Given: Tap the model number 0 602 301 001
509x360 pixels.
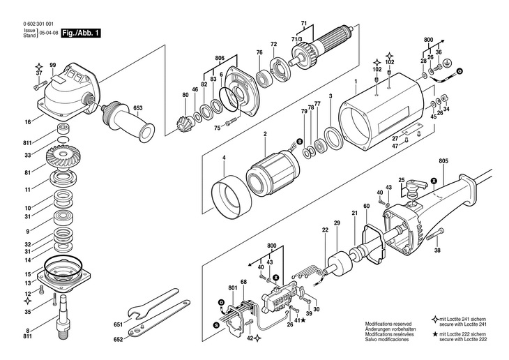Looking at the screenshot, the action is tap(38, 24).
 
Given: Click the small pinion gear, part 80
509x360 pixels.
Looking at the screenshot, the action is tap(184, 124).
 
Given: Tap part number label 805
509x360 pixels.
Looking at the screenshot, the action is tap(443, 160).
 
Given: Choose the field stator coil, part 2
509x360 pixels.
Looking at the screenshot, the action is tap(273, 172).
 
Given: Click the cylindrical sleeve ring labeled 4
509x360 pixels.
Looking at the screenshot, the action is tap(231, 197).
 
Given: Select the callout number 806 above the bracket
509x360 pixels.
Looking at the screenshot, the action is tap(220, 58).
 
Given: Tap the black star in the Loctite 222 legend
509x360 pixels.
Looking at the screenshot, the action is tap(436, 333).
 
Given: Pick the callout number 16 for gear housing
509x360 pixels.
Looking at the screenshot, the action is tap(28, 122).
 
